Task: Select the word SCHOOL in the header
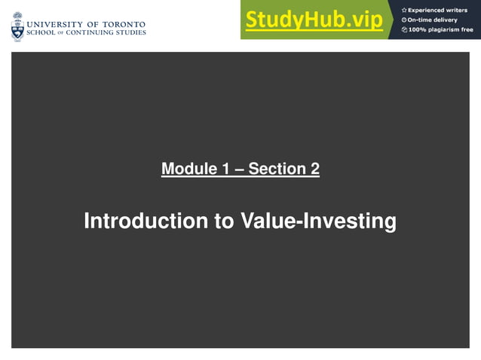41,32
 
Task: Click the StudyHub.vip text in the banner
314,20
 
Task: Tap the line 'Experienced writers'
438,10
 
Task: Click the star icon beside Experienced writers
404,10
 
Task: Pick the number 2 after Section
314,169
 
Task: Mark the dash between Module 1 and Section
239,169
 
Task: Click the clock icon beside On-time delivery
404,20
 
